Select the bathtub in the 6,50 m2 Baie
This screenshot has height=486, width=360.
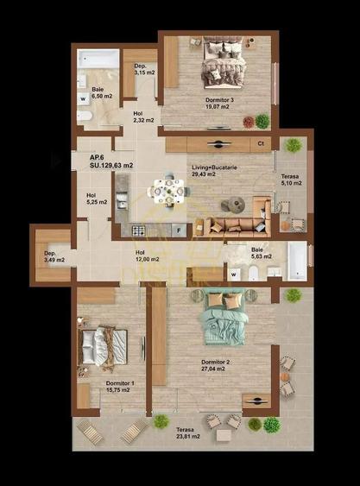[x=98, y=60]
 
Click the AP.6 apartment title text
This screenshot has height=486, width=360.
[x=97, y=157]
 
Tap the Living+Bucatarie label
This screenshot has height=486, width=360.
[x=215, y=169]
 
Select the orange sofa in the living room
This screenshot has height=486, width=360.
[x=235, y=226]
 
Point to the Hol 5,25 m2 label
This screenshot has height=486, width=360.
[x=96, y=199]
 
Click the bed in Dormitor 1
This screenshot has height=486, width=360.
[x=102, y=347]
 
